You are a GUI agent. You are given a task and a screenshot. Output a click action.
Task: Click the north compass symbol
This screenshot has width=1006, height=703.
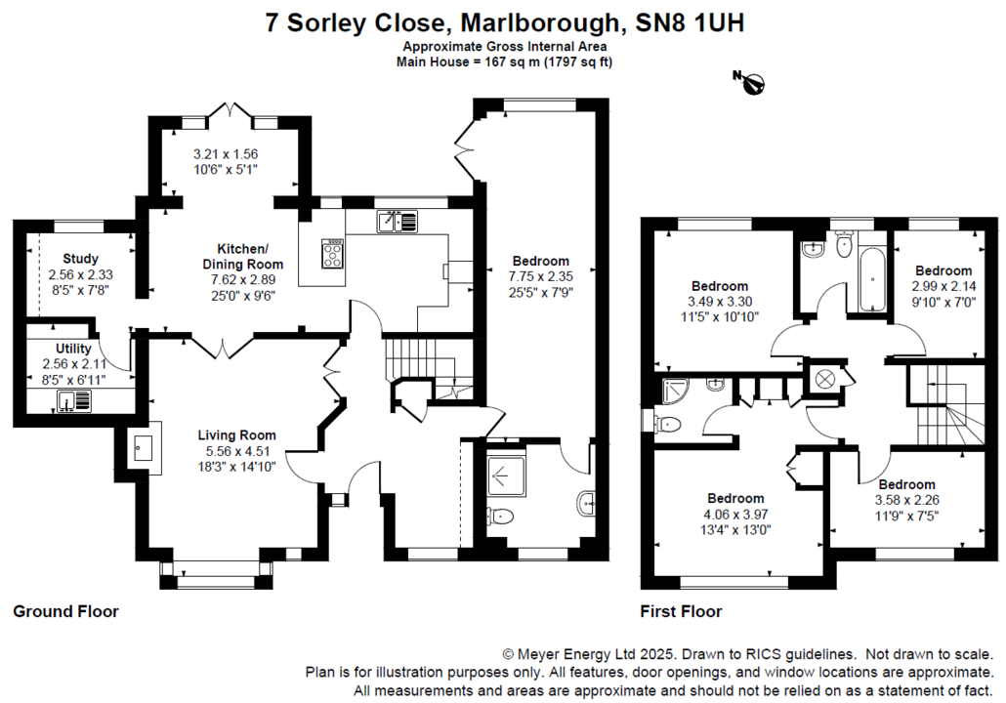point(750,84)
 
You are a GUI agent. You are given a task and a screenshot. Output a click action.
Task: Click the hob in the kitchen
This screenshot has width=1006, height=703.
point(333,254)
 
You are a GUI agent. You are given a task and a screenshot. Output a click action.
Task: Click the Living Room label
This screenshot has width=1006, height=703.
point(236,435)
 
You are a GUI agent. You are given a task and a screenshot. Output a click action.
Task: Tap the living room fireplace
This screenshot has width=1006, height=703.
point(144,450)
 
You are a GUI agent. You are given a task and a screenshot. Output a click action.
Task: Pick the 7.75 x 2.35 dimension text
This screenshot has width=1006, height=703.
point(540,276)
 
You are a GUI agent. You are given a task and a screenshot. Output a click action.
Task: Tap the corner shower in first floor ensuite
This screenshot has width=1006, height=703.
point(674,392)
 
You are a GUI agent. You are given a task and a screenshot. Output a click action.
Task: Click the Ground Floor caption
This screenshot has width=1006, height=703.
point(65,612)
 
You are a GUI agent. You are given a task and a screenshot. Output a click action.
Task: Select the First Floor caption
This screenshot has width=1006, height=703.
point(681,612)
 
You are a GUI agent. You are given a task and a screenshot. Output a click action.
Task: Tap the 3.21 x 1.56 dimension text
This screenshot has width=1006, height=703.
point(226,154)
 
